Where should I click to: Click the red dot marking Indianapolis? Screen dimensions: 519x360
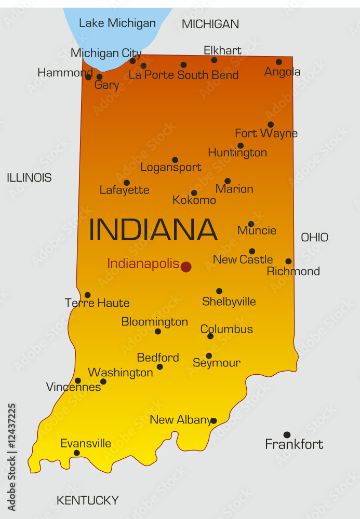tap(186, 267)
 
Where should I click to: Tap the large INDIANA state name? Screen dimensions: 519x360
tap(153, 230)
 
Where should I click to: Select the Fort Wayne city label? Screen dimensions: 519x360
tap(266, 133)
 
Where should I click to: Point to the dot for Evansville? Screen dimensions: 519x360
tap(77, 453)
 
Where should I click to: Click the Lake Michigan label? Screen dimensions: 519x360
tap(117, 23)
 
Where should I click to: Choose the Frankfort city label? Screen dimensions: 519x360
tap(294, 444)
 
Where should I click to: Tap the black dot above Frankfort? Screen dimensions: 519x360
tap(287, 435)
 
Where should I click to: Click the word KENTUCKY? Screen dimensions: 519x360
tap(87, 501)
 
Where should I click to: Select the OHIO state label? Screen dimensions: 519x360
tap(314, 237)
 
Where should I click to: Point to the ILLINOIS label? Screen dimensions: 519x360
tap(29, 177)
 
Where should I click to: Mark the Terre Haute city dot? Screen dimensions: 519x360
tap(88, 295)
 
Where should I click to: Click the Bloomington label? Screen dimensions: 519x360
tap(154, 322)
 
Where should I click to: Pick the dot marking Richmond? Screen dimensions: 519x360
tap(288, 262)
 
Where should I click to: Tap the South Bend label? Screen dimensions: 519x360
tap(208, 75)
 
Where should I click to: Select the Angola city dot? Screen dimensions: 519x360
tap(279, 62)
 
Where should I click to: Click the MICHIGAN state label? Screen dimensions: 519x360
tap(210, 24)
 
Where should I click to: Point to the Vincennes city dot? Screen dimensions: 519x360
tap(78, 380)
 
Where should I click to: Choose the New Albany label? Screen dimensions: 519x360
tap(180, 420)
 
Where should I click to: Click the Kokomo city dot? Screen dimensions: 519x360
tap(194, 193)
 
